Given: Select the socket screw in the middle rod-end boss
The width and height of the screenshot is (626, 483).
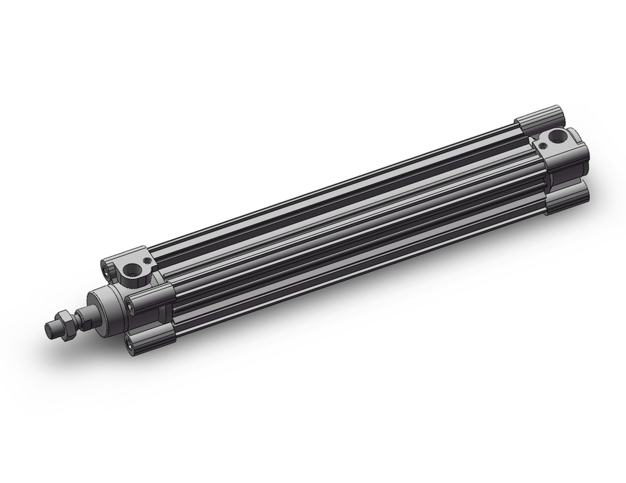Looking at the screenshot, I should [131, 305].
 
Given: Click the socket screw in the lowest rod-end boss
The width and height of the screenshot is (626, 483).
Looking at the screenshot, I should [130, 340].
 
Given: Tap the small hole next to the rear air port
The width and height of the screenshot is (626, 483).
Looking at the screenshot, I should [540, 143].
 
